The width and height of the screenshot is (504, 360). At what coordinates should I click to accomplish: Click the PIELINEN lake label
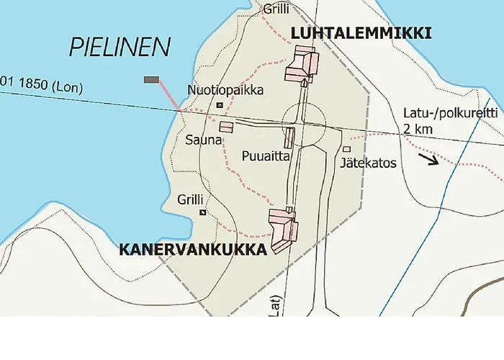click(x=120, y=48)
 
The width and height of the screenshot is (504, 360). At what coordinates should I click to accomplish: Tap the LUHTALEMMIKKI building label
click(x=361, y=32)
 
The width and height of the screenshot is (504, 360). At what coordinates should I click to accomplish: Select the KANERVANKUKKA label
click(x=192, y=249)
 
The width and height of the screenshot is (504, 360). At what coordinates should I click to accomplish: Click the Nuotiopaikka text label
click(x=225, y=91)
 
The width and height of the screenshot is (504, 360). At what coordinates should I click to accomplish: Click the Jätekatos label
click(x=369, y=163)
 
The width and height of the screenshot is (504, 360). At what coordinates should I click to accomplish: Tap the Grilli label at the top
click(x=276, y=9)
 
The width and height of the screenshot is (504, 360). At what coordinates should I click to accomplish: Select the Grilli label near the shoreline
click(x=191, y=199)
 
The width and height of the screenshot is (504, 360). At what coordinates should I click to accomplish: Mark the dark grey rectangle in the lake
click(x=152, y=79)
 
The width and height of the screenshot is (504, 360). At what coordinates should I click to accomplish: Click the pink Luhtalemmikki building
click(x=301, y=64)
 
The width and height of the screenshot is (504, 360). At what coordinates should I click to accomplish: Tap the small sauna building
click(x=226, y=127)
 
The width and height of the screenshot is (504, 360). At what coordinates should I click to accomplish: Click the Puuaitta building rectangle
click(x=289, y=138)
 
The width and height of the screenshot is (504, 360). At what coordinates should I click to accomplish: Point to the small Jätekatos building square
click(x=346, y=150)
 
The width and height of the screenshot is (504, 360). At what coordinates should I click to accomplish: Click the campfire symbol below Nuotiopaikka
click(x=220, y=106)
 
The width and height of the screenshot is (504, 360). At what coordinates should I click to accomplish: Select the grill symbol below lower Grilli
click(x=203, y=212)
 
